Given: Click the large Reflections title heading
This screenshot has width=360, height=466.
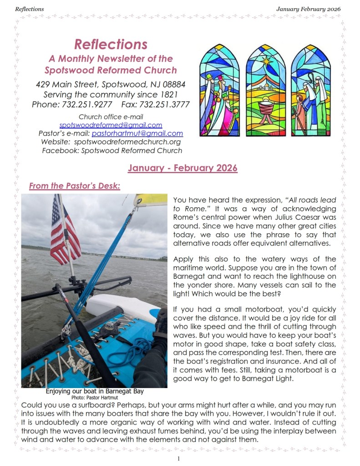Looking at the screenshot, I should coord(111,44).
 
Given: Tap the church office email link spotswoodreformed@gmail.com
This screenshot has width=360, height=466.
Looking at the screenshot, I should coord(111,125).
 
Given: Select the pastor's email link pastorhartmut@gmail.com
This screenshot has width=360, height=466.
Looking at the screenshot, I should coord(137,133).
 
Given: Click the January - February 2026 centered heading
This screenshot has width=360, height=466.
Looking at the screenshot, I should coord(183,168).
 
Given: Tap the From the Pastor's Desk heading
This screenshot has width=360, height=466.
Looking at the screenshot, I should coord(74,186).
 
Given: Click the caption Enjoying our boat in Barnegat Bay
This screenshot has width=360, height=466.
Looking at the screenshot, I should coord(98,391).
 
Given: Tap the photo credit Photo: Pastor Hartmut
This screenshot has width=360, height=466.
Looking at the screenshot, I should coord(97,397).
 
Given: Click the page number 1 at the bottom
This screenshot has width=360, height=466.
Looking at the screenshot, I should coord(179,458).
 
